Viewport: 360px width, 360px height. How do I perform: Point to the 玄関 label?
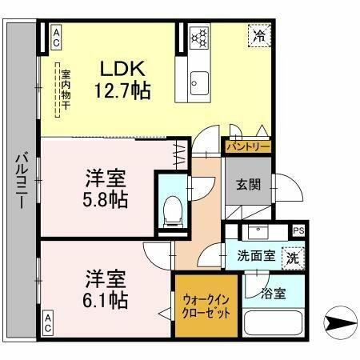[x=247, y=185]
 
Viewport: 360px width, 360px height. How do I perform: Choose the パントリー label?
[x=247, y=146]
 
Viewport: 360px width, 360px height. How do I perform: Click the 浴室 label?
[x=273, y=294]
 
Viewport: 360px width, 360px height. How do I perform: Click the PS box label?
[x=298, y=230]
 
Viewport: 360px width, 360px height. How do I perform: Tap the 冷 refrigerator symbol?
[x=258, y=35]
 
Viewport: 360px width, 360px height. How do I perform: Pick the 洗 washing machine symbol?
[x=294, y=258]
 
